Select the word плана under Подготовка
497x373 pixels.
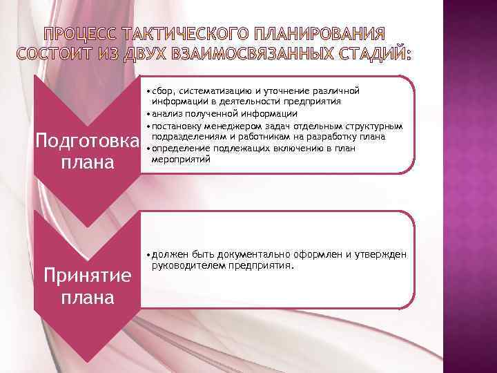coord(87,164)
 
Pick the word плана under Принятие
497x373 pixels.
coord(87,298)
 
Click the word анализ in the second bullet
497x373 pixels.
coord(168,113)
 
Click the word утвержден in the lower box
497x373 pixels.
coord(381,254)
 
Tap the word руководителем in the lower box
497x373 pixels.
coord(186,265)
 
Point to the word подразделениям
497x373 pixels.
coord(189,136)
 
